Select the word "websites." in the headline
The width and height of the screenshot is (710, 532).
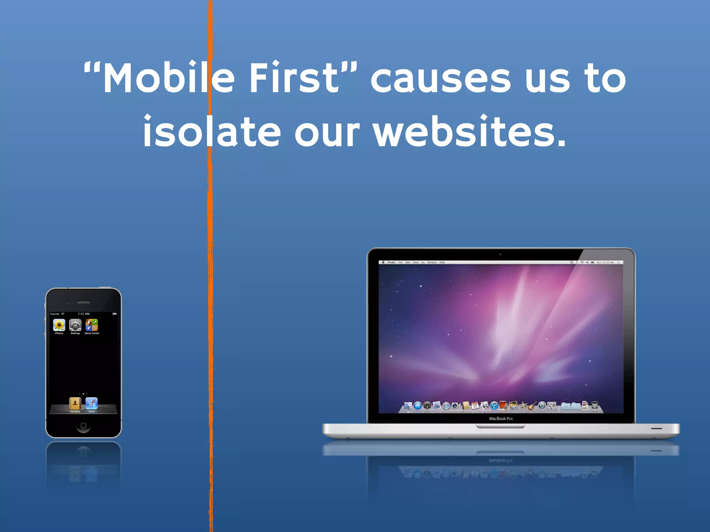[470, 132]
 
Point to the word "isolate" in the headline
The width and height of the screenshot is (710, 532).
[212, 132]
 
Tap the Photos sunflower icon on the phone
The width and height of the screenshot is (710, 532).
[59, 325]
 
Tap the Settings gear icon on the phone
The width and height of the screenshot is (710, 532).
[75, 325]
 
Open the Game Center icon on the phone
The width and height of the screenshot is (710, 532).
[92, 325]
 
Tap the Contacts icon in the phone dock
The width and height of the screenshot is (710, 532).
[75, 404]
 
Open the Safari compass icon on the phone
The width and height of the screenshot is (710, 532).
[92, 404]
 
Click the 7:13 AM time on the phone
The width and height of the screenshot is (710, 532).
[84, 314]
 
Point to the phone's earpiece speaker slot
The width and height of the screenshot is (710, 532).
[83, 302]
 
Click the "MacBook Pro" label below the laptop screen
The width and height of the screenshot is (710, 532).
[501, 419]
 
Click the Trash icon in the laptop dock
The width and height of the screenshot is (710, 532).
[595, 405]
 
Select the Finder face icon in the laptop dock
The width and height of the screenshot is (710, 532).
[408, 406]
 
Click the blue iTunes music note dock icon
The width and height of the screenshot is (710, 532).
[494, 406]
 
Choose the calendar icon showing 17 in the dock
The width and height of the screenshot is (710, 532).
[475, 406]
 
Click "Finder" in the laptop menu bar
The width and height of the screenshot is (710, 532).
[391, 263]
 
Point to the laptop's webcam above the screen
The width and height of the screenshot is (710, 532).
[501, 254]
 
